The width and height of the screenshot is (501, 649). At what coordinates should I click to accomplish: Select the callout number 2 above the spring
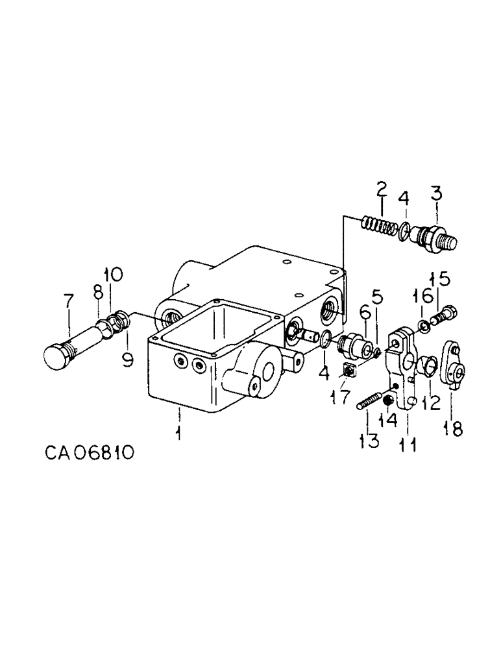point(382,190)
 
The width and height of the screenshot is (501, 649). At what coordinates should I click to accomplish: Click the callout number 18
point(453,428)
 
